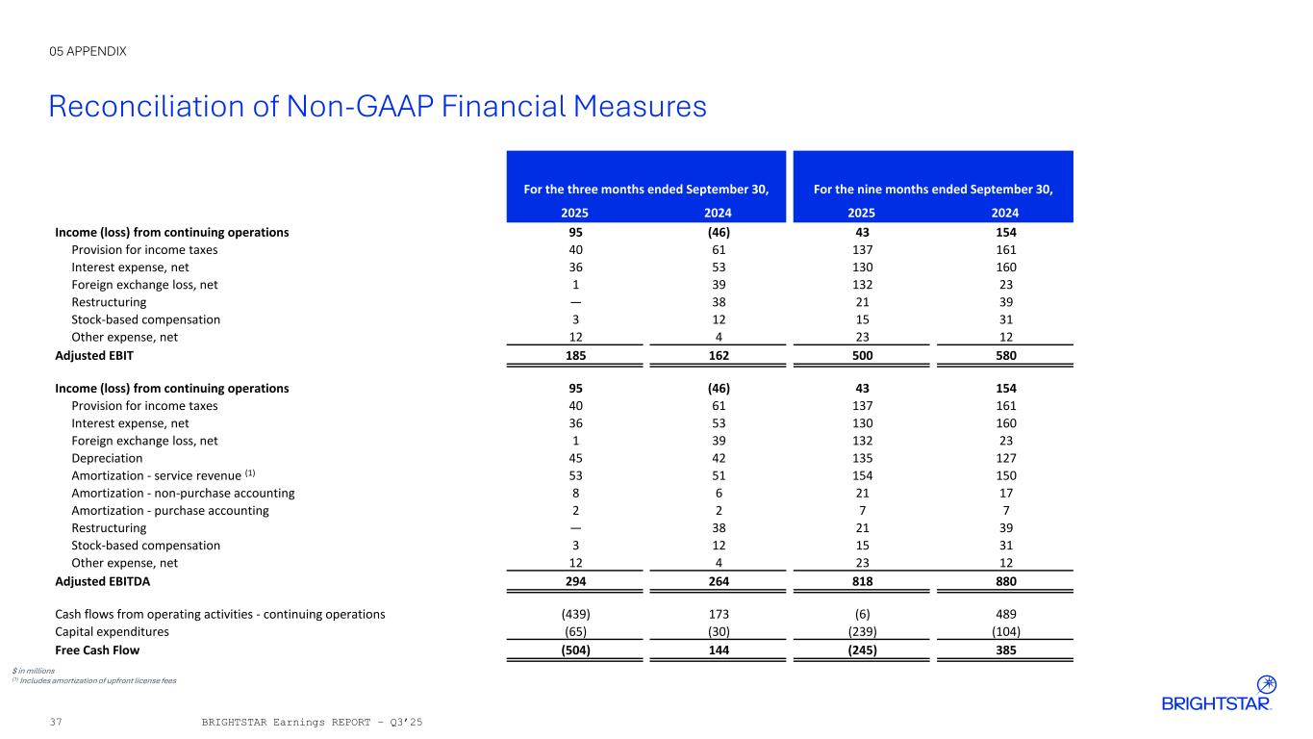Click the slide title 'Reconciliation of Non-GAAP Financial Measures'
click(x=377, y=107)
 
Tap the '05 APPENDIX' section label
click(x=88, y=51)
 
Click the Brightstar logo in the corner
click(x=1217, y=694)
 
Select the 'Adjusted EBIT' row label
click(x=94, y=355)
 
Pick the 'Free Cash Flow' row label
click(x=97, y=650)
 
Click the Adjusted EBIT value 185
click(x=575, y=355)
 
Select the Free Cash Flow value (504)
click(x=575, y=650)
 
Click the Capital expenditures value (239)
click(x=862, y=632)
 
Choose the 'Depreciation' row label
click(x=107, y=458)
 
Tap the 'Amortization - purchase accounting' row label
click(x=170, y=510)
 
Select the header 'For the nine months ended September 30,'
click(x=933, y=190)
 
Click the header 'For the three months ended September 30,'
click(x=645, y=190)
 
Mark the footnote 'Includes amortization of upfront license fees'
click(x=97, y=680)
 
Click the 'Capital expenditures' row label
click(x=113, y=632)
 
